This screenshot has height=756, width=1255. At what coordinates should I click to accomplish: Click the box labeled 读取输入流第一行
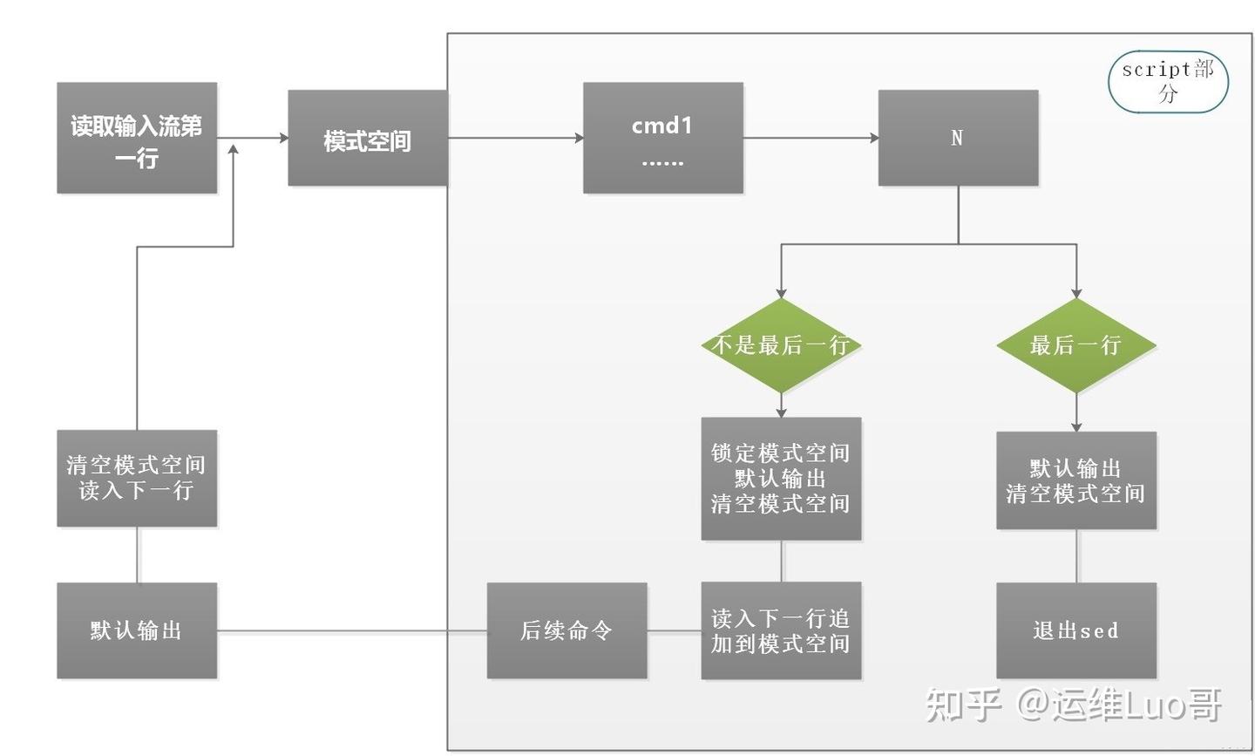click(x=137, y=138)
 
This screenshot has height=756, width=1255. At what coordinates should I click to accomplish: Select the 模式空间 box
click(x=367, y=138)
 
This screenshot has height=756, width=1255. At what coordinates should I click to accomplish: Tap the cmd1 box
click(x=662, y=138)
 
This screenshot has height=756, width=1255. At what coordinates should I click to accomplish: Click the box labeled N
click(x=957, y=138)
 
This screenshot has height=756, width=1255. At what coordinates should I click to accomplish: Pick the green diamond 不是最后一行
click(x=781, y=345)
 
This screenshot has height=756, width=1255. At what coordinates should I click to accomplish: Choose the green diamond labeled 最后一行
click(x=1075, y=345)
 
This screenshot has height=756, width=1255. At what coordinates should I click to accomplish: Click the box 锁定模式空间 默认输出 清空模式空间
click(x=781, y=478)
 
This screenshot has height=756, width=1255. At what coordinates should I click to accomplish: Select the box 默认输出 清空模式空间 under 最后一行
click(x=1075, y=480)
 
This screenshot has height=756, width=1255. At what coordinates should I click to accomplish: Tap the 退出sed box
click(x=1075, y=630)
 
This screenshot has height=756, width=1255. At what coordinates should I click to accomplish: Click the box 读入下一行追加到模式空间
click(x=781, y=630)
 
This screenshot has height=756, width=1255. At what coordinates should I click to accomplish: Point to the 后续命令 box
click(x=566, y=630)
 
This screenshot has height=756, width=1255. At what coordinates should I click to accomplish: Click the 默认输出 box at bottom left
click(x=137, y=630)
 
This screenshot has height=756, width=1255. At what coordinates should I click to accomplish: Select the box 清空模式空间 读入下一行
click(x=137, y=478)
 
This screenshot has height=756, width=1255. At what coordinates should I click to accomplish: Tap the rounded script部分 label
click(x=1167, y=81)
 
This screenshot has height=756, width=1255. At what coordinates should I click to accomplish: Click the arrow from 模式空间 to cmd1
click(x=514, y=138)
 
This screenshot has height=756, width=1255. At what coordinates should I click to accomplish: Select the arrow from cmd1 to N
click(x=811, y=138)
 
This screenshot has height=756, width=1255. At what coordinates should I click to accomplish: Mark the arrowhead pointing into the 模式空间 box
click(x=283, y=138)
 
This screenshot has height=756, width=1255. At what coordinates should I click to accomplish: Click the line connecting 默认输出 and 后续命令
click(x=349, y=631)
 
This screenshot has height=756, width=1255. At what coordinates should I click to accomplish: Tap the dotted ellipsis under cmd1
click(x=662, y=162)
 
